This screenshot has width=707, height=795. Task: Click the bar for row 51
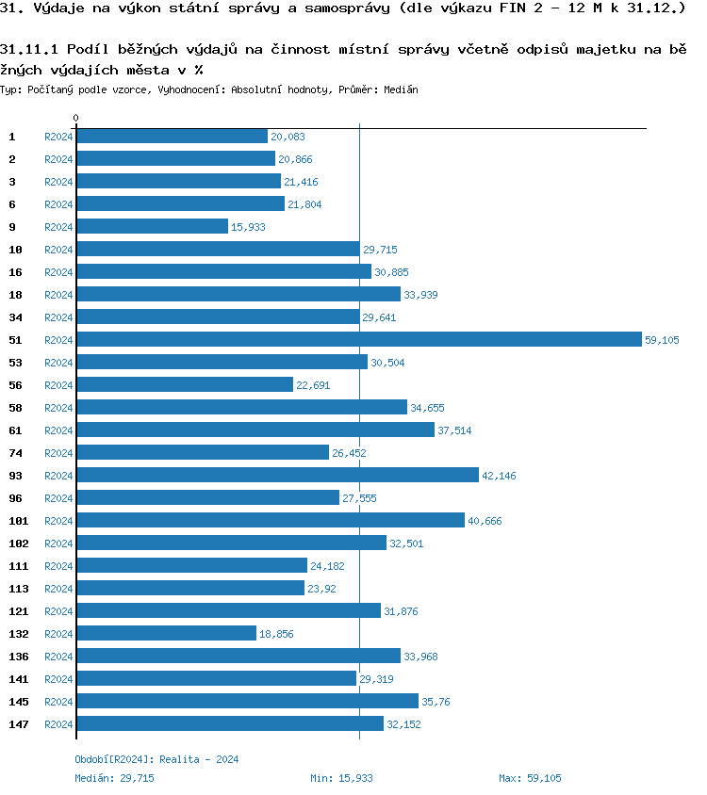358,339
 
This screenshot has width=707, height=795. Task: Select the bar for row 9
152,226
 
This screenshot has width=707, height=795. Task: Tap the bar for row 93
277,475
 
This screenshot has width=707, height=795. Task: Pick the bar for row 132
166,633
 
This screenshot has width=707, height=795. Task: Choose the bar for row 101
271,520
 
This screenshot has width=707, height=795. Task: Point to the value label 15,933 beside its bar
249,227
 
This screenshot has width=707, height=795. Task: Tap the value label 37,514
455,430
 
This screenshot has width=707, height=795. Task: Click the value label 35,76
436,702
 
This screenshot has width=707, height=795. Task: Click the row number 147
18,724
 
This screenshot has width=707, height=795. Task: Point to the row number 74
15,453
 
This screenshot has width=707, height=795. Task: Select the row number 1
12,137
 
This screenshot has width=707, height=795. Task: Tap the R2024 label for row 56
58,385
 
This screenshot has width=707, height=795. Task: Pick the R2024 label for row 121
58,611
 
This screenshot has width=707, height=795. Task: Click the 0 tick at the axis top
76,119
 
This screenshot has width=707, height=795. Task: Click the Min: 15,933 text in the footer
341,778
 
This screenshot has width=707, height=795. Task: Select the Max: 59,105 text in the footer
530,778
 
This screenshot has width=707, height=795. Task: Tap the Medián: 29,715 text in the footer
114,778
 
